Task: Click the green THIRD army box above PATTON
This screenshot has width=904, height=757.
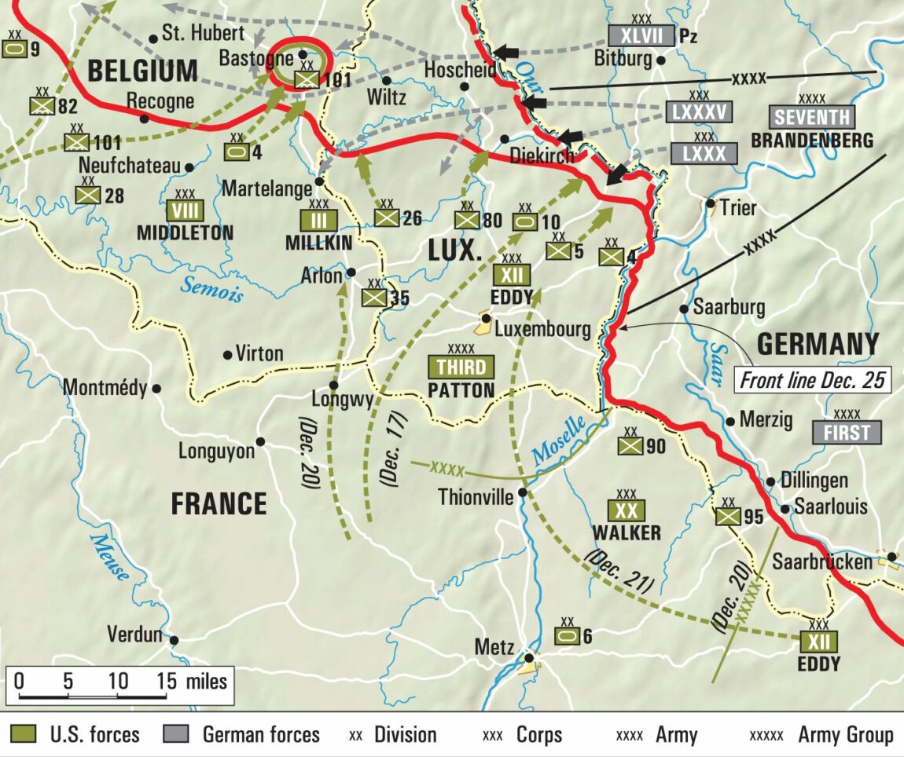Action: coord(461,367)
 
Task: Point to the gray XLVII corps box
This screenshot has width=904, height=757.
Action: coord(641,35)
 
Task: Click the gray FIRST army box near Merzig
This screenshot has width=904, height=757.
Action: coord(847,432)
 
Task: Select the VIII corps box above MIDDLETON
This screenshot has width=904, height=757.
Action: coord(185,210)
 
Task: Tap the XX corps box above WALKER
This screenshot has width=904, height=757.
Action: coord(627,511)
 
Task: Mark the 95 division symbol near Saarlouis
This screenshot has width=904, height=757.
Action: coord(728,516)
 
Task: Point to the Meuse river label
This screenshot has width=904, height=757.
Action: coord(109,557)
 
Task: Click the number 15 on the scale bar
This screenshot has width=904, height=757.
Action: coord(167,680)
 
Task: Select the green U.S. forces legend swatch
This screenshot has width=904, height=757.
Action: coord(25,734)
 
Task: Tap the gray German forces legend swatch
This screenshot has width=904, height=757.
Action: coord(178,734)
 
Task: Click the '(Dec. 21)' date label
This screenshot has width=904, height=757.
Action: coord(620,571)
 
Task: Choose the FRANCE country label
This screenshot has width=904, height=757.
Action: coord(219,503)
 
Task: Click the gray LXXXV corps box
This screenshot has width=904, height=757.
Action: coord(699,112)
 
